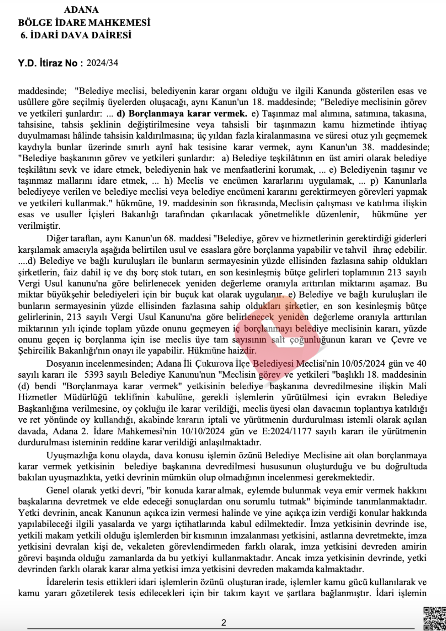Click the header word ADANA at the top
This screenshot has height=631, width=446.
tap(81, 10)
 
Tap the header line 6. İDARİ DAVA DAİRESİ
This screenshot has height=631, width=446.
tap(76, 35)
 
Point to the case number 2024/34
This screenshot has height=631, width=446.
tap(103, 63)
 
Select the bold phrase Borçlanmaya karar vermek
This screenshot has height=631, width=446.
tap(182, 114)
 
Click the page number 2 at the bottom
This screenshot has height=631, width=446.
tap(224, 622)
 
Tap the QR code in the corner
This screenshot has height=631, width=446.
tap(435, 618)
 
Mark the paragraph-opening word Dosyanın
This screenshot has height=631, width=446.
tap(66, 363)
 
